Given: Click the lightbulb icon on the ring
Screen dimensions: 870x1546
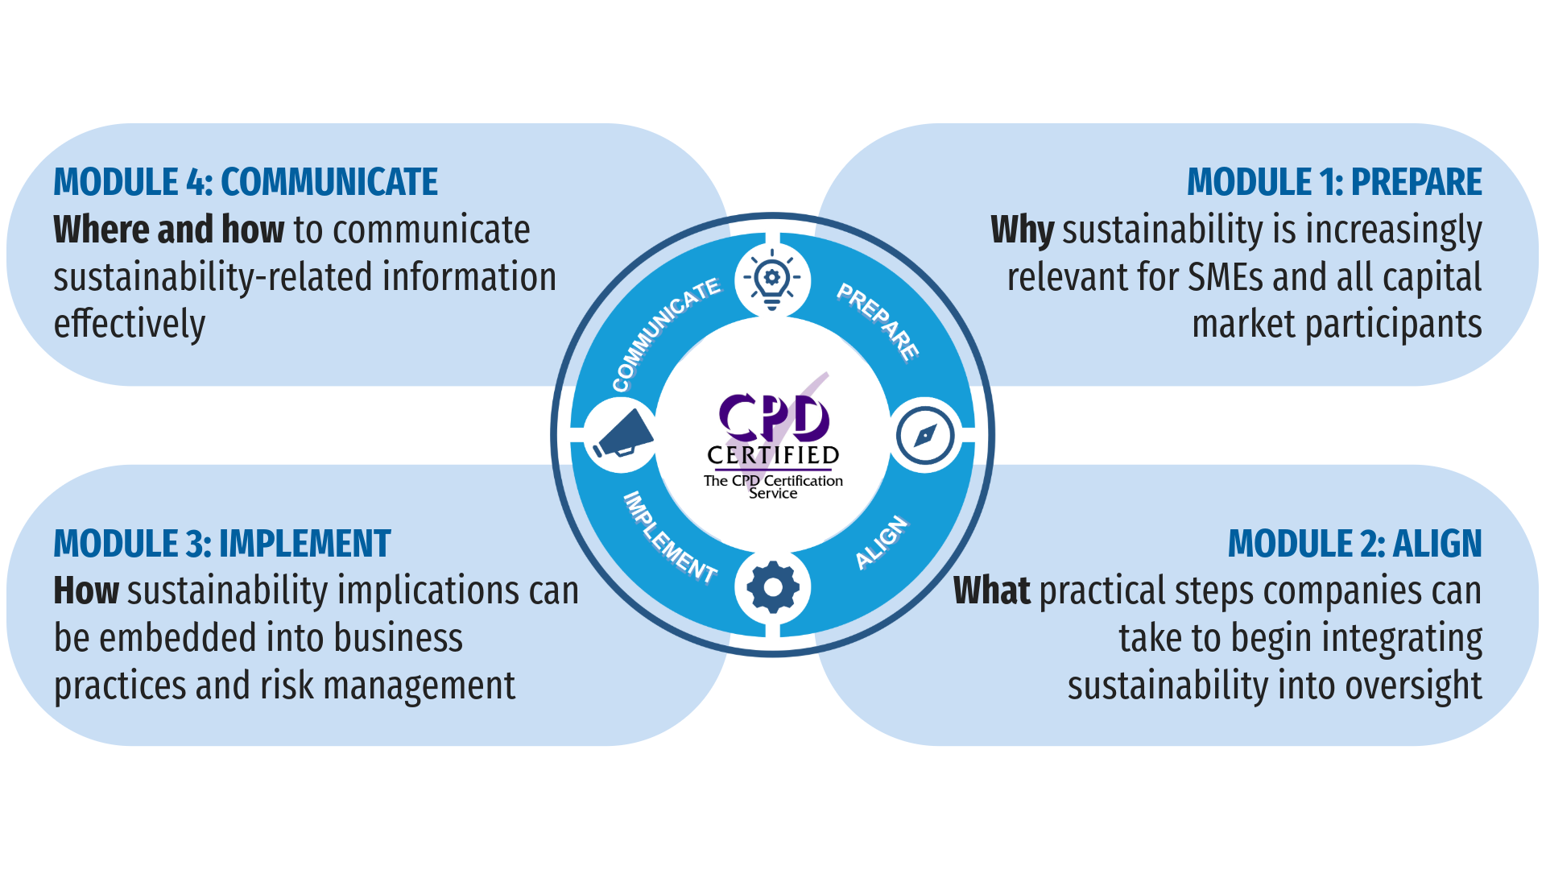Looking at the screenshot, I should pyautogui.click(x=771, y=280).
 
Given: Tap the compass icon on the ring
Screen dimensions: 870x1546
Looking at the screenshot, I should pyautogui.click(x=925, y=436).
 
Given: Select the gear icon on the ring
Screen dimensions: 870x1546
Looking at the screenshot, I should pyautogui.click(x=772, y=587).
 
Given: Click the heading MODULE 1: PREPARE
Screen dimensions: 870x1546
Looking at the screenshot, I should pyautogui.click(x=1333, y=182).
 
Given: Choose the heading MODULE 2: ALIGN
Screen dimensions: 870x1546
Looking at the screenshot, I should pyautogui.click(x=1354, y=544).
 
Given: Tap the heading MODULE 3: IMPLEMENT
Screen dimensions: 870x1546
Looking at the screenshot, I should pyautogui.click(x=222, y=544).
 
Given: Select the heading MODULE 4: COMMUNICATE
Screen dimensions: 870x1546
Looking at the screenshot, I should pyautogui.click(x=246, y=182).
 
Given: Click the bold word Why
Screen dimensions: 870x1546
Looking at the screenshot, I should pyautogui.click(x=1022, y=230).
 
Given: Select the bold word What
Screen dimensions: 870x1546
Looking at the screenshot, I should pyautogui.click(x=991, y=591).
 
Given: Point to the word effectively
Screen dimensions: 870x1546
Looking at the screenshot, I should pyautogui.click(x=130, y=325).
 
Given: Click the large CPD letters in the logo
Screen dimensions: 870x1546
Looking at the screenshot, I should pyautogui.click(x=773, y=417).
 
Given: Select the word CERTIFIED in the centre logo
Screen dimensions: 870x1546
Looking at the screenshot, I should pyautogui.click(x=773, y=455).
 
